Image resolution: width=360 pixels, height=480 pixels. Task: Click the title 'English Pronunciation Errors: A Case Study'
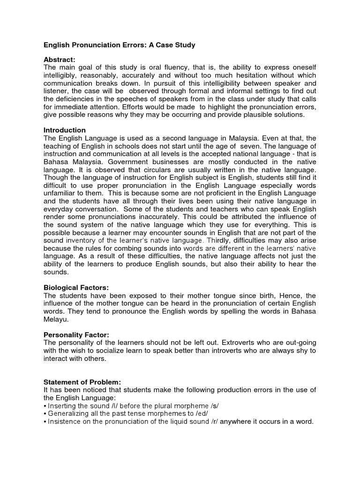pos(119,45)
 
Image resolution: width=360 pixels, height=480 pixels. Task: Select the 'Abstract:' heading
pos(60,60)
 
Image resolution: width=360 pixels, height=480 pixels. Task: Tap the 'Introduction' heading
pos(65,130)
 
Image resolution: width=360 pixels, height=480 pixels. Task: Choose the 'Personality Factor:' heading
pos(76,335)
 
